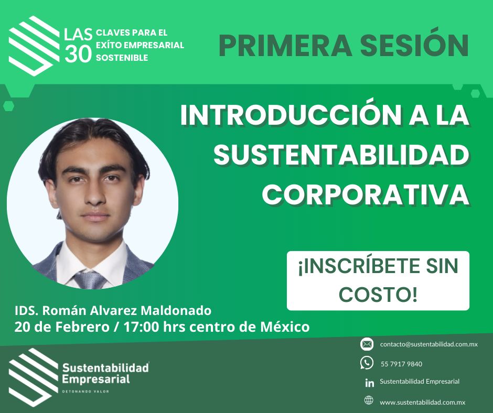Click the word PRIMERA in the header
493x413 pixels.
point(285,46)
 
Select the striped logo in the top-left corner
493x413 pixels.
point(34,46)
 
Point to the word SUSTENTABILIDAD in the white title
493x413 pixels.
point(341,155)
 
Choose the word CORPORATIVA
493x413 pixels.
point(366,194)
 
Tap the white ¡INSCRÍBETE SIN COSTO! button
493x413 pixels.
point(378,281)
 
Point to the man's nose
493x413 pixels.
point(94,195)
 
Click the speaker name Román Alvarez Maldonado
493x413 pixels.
point(127,310)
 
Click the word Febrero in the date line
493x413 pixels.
point(82,327)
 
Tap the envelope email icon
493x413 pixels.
point(367,344)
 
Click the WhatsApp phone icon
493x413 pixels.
point(367,363)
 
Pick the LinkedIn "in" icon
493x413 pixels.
point(369,383)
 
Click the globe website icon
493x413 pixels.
point(369,400)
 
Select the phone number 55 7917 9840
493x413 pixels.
point(402,364)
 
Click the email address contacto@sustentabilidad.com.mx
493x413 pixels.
point(429,344)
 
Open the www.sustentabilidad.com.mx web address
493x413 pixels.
point(422,403)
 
